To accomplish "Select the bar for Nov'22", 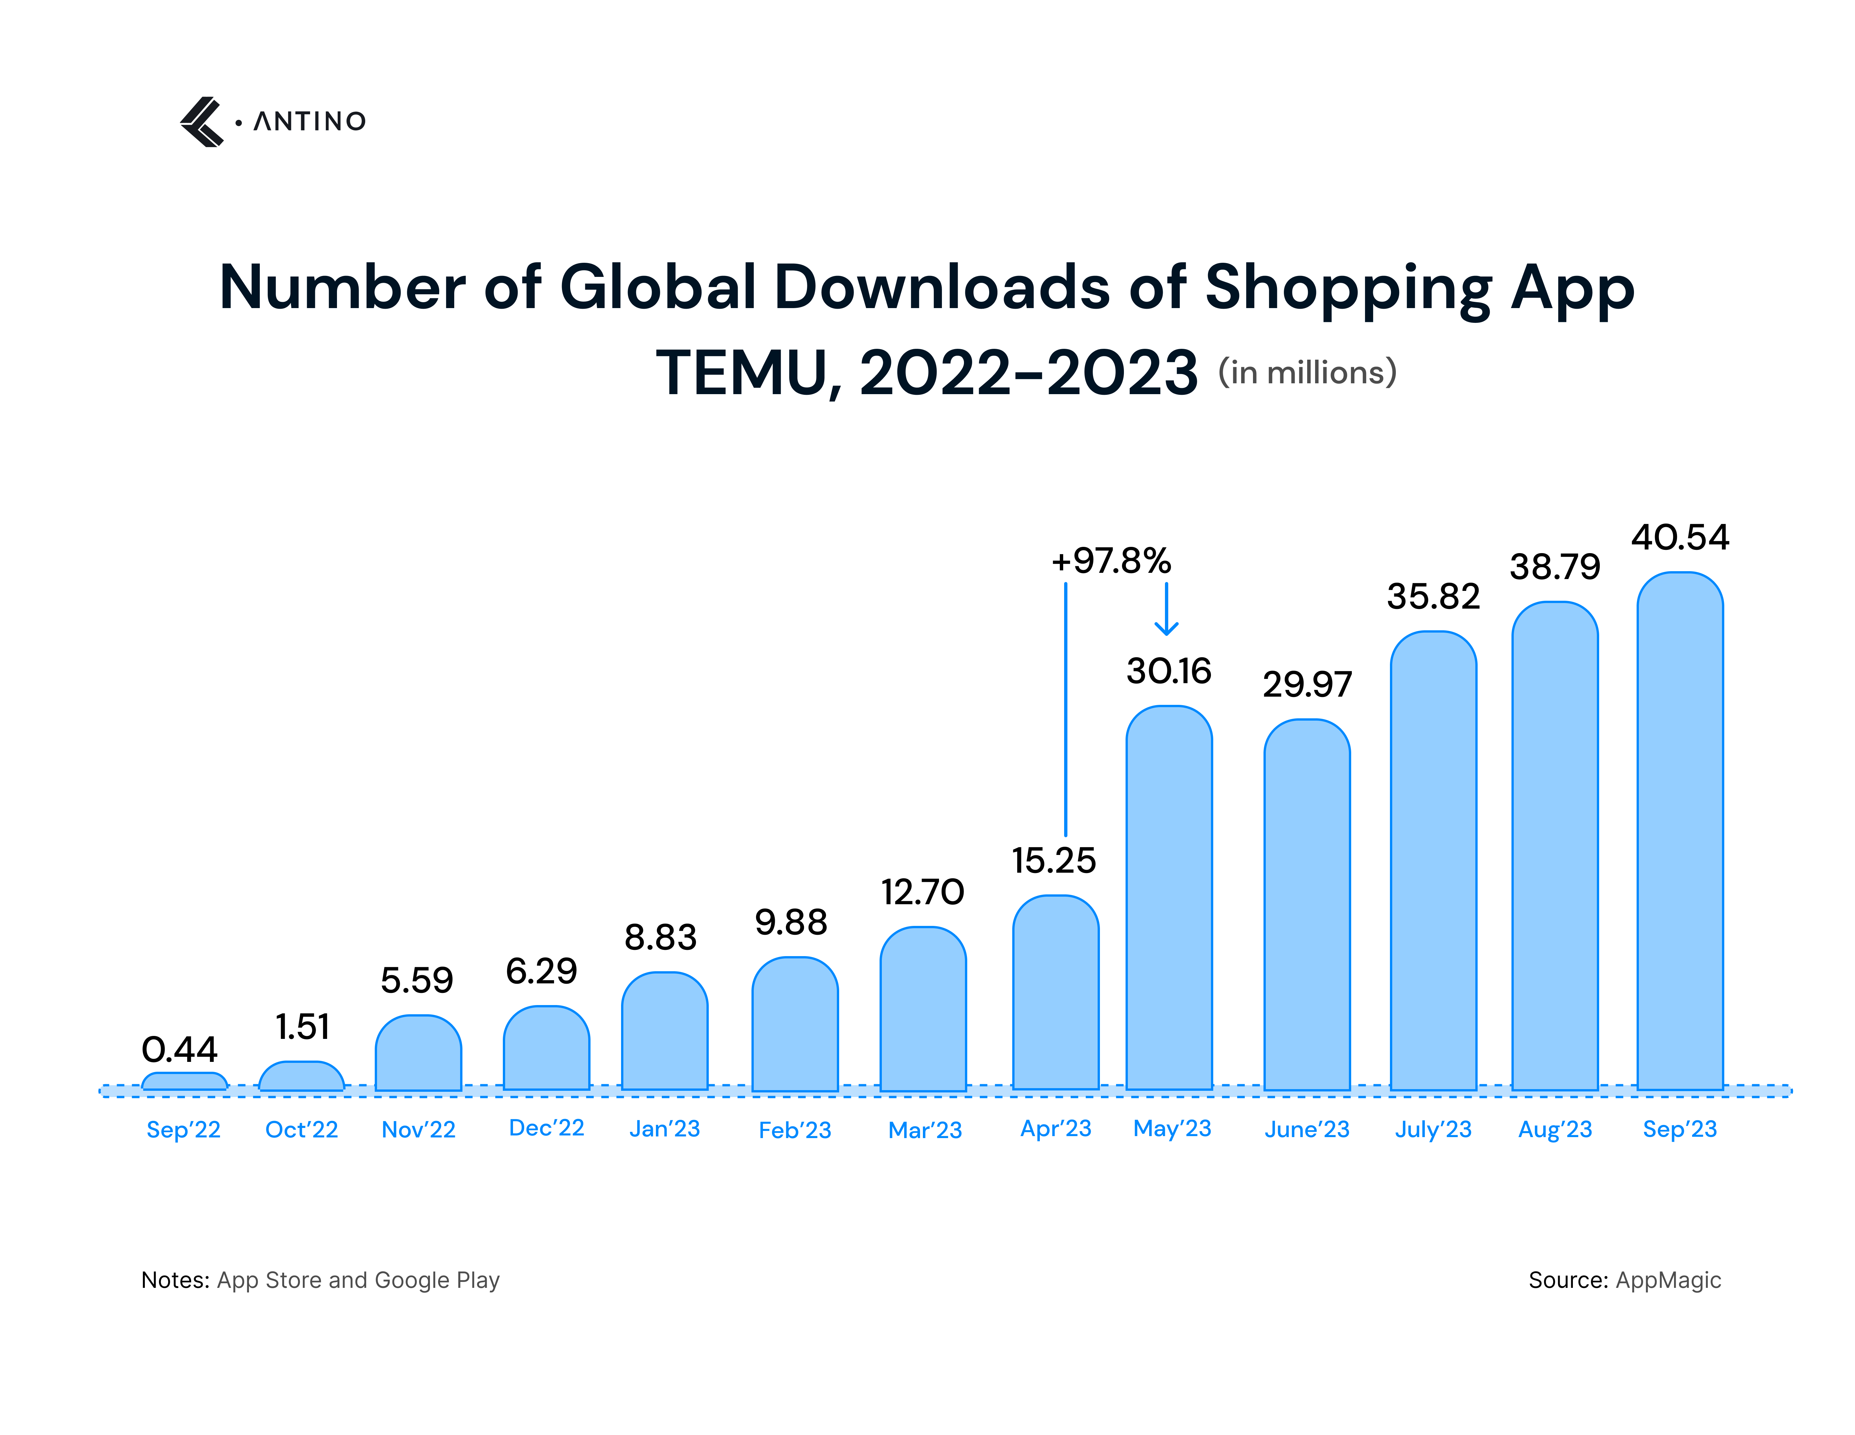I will pos(418,1054).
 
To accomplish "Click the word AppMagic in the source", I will pos(1668,1280).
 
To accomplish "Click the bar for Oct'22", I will pos(302,1077).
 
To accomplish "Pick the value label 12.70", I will pos(922,892).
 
